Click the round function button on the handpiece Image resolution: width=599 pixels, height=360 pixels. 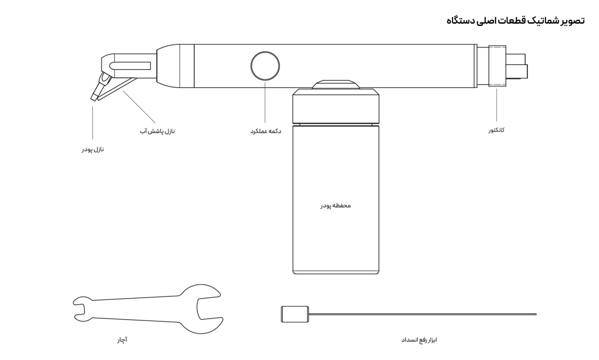click(265, 65)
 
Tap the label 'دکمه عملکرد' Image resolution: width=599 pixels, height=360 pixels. click(265, 131)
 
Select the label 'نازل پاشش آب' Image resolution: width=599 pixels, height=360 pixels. click(157, 131)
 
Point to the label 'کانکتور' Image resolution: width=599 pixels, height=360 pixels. click(496, 130)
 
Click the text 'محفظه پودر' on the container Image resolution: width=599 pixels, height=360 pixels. click(335, 205)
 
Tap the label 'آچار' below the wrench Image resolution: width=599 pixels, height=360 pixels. click(121, 340)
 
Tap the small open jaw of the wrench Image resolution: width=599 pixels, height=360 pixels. click(80, 306)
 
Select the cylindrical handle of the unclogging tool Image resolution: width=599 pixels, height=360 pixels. click(288, 314)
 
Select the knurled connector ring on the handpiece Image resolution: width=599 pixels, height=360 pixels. click(497, 66)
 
